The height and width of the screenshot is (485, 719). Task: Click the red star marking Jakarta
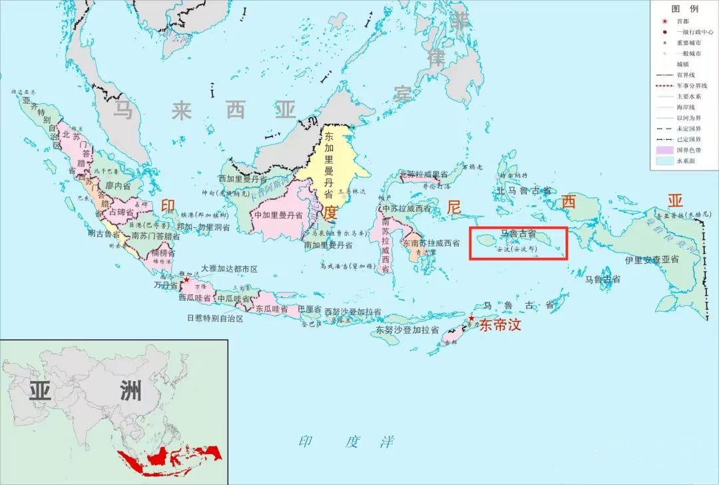pos(186,280)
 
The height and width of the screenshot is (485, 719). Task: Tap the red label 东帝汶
pos(499,325)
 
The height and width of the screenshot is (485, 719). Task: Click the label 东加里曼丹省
pos(328,164)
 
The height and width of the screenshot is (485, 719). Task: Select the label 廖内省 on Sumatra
pos(118,187)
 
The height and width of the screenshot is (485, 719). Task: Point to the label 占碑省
pos(122,212)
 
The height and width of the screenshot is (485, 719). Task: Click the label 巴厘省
pos(309,310)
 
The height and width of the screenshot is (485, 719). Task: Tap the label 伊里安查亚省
pos(652,258)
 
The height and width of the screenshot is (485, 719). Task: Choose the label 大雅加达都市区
pos(224,269)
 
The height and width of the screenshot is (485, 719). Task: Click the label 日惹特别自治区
pos(215,318)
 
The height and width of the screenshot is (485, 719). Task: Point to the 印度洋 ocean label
pos(346,442)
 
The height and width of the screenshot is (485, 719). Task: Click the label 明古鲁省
pos(104,234)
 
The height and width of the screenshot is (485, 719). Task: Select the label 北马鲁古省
pos(523,191)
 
